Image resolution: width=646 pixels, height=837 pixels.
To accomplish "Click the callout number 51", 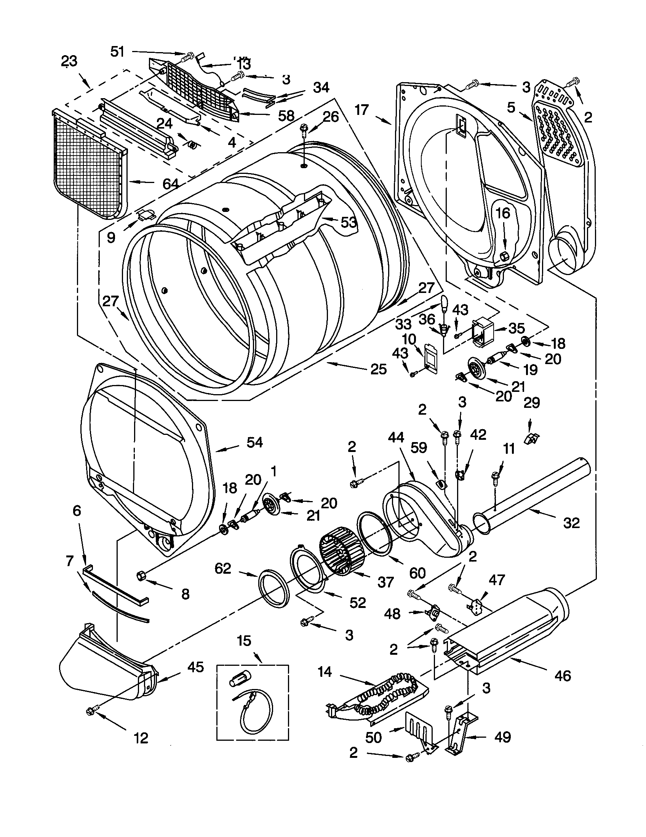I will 117,51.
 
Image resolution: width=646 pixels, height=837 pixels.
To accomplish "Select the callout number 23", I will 69,61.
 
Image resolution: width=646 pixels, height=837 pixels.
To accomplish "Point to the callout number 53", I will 349,222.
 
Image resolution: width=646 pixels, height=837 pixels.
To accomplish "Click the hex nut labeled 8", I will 141,576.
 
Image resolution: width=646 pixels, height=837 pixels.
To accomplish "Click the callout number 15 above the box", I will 244,640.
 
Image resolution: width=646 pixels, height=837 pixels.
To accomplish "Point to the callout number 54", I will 254,442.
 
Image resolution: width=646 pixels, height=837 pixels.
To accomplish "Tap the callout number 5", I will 510,108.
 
